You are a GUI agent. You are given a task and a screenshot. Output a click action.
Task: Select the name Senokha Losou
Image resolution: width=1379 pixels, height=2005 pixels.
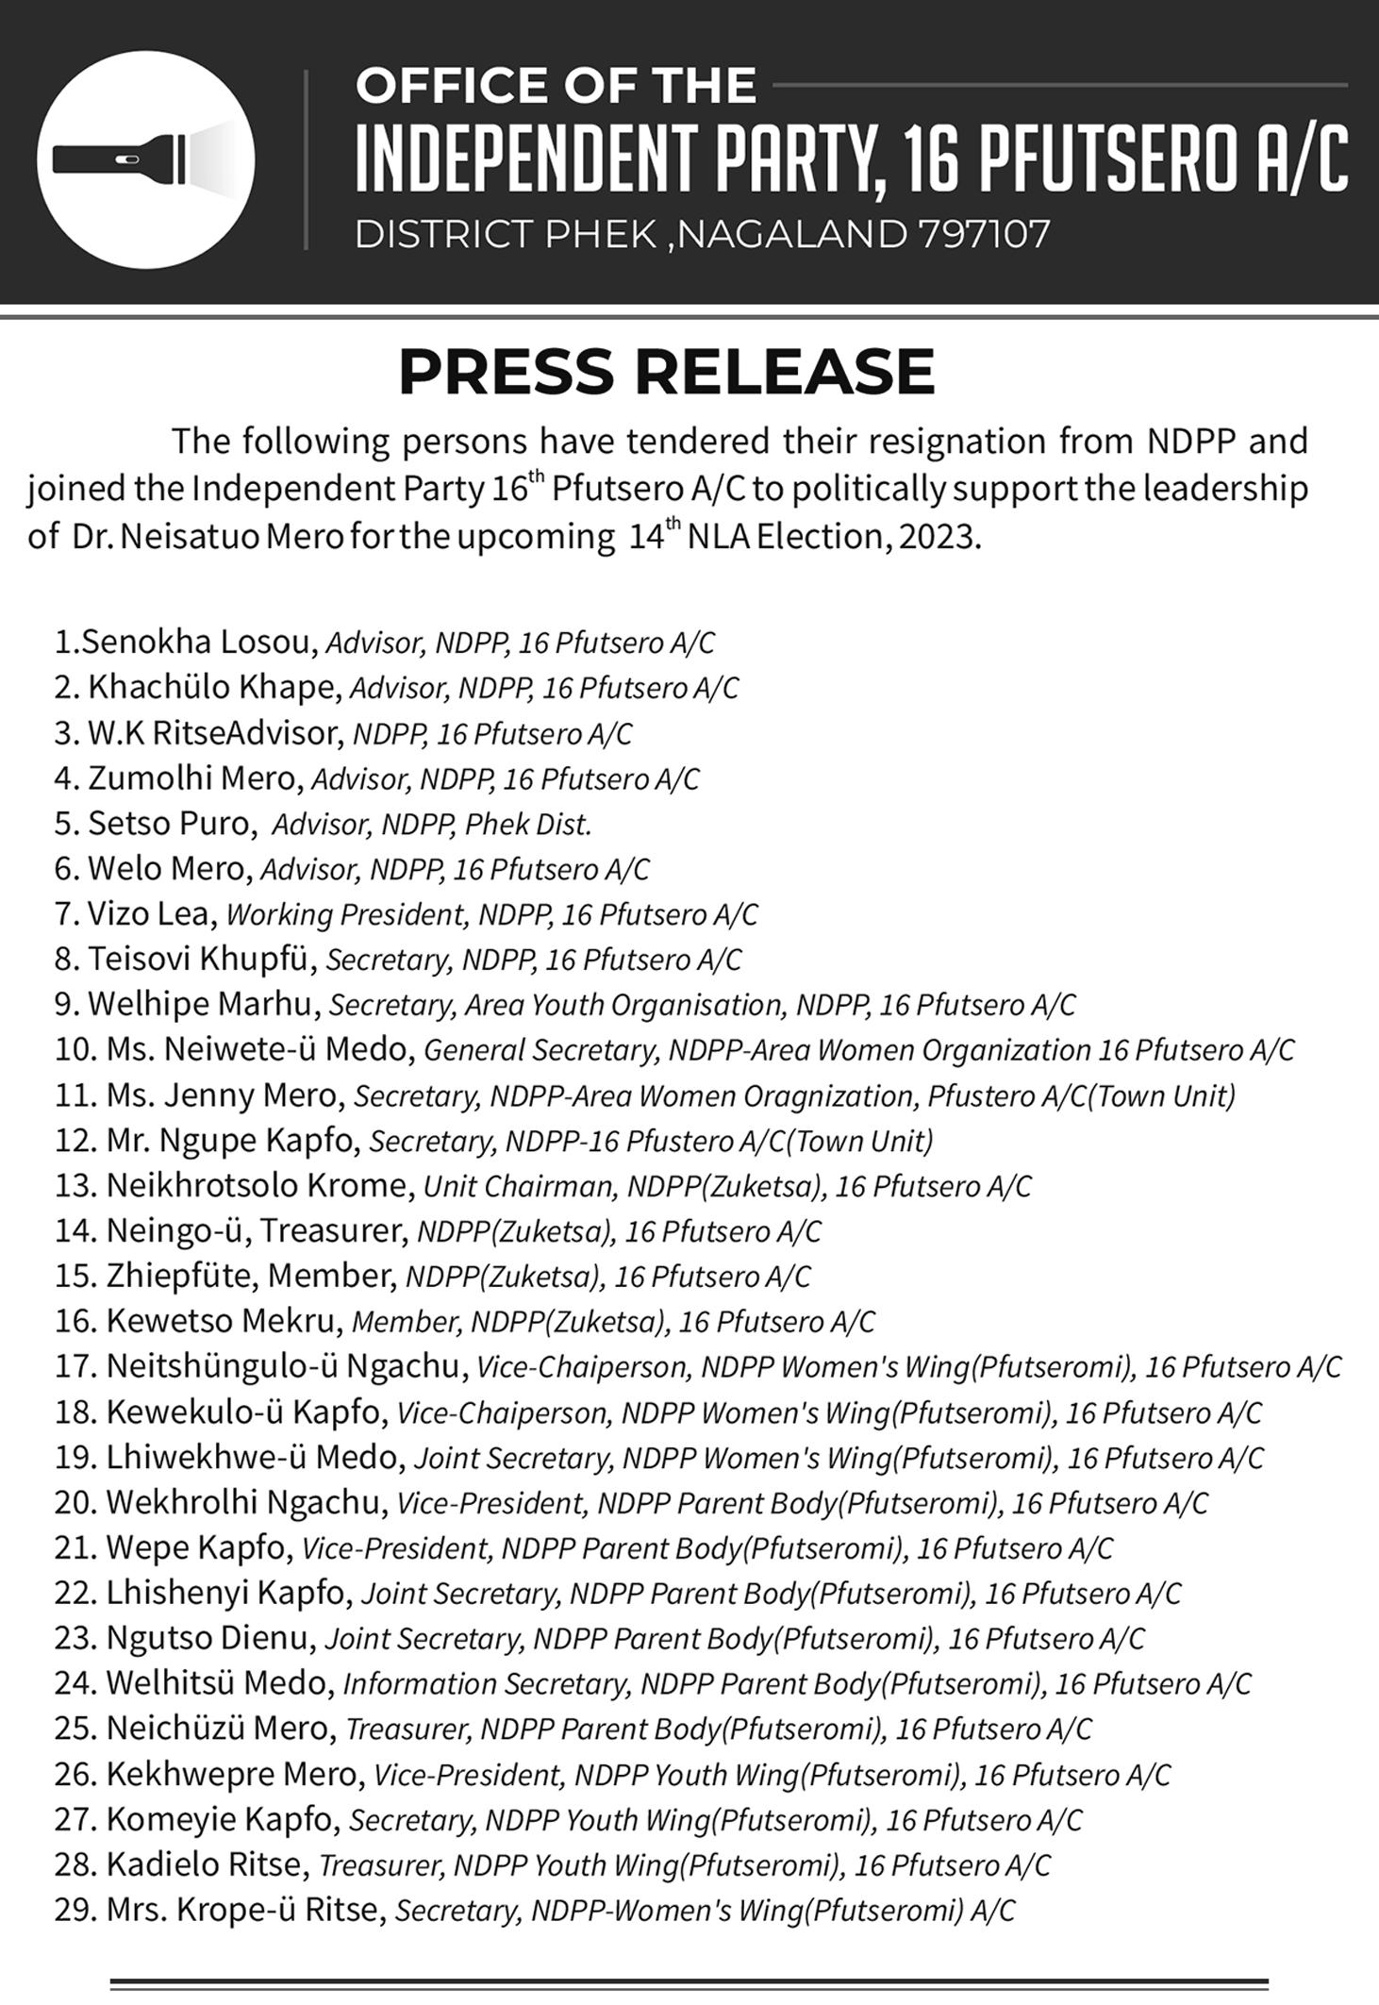click(196, 642)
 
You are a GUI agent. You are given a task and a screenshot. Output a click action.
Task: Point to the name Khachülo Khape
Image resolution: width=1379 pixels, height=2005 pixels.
click(213, 687)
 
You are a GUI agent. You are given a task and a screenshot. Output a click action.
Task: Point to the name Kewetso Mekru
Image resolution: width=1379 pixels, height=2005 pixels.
click(222, 1321)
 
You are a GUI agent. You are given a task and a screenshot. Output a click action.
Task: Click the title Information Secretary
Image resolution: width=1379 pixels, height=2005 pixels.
click(485, 1684)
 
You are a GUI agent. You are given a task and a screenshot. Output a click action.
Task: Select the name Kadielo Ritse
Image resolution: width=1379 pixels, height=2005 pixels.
click(206, 1864)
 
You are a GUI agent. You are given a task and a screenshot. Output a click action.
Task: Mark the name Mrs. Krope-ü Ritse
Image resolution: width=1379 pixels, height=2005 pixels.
click(245, 1910)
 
